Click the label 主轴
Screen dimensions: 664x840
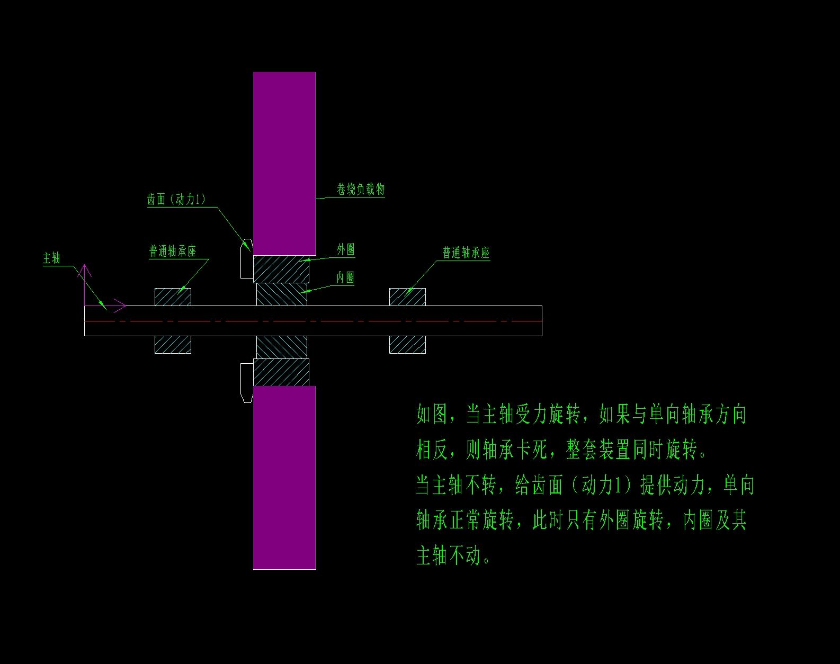point(52,258)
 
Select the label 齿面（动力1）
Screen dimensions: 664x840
point(176,200)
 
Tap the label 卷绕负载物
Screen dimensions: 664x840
point(361,189)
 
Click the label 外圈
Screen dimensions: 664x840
point(346,249)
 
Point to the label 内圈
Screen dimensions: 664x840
point(345,277)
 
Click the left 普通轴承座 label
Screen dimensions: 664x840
point(173,251)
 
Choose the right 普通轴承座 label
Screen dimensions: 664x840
point(466,253)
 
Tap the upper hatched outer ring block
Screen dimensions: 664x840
point(281,269)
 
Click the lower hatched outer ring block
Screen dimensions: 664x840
point(281,372)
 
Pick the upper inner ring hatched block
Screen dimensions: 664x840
point(281,294)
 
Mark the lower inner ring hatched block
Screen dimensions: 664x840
point(281,347)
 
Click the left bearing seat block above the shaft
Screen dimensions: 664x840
point(173,297)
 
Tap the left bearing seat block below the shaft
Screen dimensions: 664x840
point(173,345)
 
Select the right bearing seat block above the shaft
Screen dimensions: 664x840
point(407,297)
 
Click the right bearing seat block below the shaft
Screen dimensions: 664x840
point(407,345)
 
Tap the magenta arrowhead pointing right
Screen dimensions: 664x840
point(121,306)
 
